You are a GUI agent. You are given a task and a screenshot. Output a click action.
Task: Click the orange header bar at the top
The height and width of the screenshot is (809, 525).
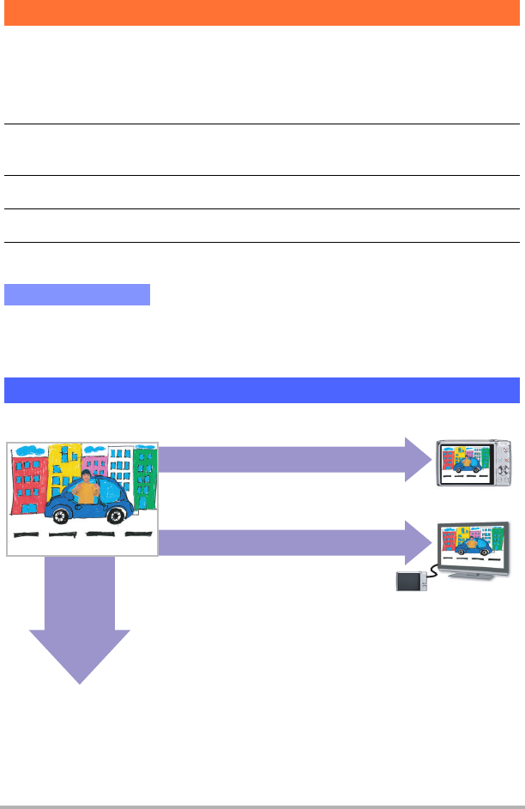[262, 13]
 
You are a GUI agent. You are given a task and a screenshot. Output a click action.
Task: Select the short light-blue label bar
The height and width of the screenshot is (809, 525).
[77, 295]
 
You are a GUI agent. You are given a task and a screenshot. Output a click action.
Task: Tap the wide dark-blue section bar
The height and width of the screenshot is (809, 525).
[262, 389]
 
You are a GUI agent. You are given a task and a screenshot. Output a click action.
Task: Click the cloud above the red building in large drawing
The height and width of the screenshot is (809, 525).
[31, 450]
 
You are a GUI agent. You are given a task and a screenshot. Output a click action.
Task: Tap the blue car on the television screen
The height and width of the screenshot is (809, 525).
[470, 547]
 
